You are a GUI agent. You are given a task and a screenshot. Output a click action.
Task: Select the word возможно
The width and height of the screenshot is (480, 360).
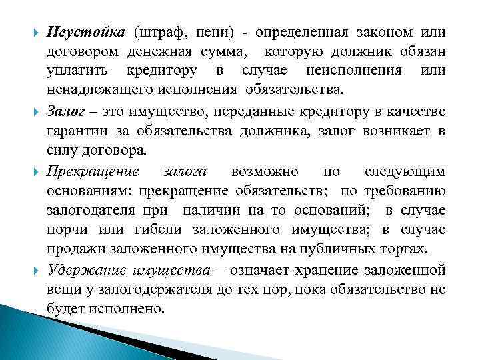265,171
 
